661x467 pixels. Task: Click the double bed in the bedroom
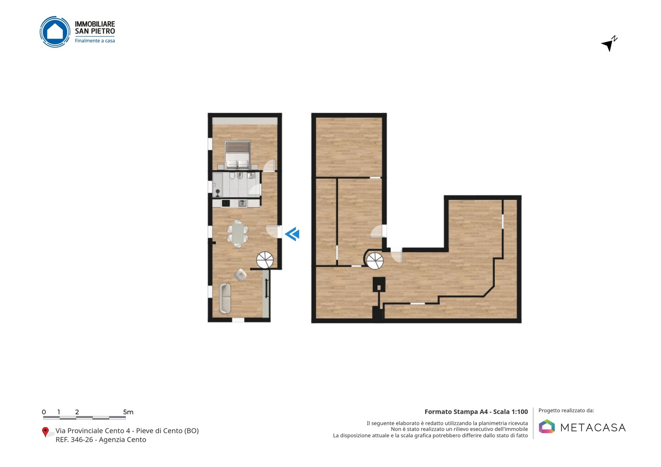[x=238, y=155]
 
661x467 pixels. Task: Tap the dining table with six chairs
[x=238, y=234]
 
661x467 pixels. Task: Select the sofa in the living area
[x=225, y=298]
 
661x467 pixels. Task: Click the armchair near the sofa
[x=240, y=275]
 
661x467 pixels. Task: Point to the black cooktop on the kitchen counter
[x=226, y=203]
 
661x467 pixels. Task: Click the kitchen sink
[x=243, y=203]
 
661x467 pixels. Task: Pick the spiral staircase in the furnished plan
[x=265, y=260]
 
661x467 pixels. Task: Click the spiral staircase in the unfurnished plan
[x=375, y=261]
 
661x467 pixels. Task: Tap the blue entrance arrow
[x=292, y=234]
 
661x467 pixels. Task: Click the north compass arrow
[x=609, y=44]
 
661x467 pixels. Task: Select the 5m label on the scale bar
[x=129, y=412]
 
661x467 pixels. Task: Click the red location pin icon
[x=45, y=432]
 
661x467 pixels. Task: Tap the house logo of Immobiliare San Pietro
[x=55, y=32]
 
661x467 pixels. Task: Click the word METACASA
[x=593, y=428]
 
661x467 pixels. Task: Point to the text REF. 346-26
[x=74, y=439]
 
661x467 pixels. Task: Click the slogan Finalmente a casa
[x=95, y=41]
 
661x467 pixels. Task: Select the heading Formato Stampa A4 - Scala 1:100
[x=476, y=411]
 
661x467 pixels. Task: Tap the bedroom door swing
[x=269, y=165]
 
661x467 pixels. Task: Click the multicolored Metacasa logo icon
[x=547, y=426]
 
